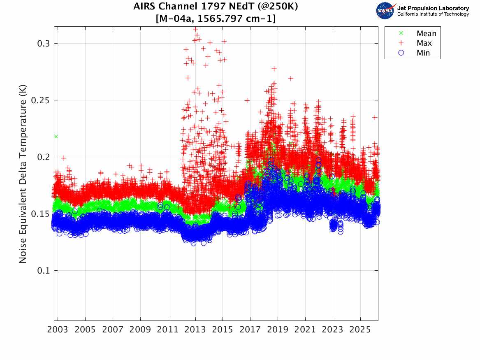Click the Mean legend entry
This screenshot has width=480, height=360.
[x=426, y=34]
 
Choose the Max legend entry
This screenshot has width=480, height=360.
[x=424, y=43]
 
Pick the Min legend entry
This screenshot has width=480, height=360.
[x=423, y=53]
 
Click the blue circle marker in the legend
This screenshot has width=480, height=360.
[x=402, y=53]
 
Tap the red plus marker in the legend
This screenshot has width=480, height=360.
[x=402, y=43]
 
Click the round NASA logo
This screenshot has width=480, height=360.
[x=385, y=11]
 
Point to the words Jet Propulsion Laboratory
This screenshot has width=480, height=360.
[x=433, y=8]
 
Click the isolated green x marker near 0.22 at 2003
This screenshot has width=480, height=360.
[x=56, y=136]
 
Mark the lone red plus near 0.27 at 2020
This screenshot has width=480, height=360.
[x=291, y=79]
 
